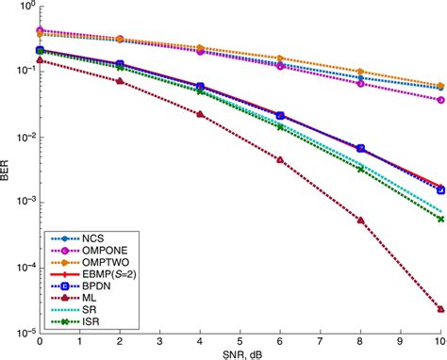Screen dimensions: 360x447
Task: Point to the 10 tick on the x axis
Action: point(440,340)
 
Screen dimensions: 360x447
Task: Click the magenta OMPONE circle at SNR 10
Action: point(440,99)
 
